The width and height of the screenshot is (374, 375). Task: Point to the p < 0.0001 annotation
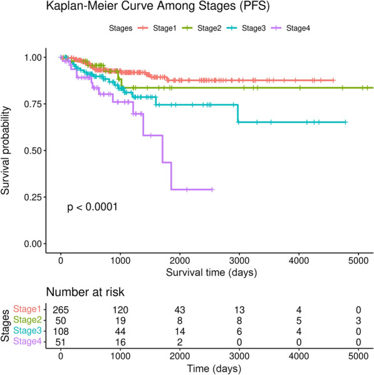point(93,206)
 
